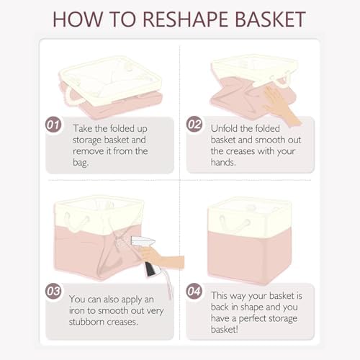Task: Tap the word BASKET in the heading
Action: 271,19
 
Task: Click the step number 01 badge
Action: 53,125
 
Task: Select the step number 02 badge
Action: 194,125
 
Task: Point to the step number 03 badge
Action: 53,292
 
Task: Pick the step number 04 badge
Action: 194,292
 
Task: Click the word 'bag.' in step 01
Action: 81,163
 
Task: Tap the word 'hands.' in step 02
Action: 223,163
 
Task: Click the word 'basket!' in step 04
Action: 225,330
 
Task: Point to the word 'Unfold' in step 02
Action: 224,128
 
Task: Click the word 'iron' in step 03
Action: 76,310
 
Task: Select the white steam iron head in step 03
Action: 143,241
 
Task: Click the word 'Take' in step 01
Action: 83,128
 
